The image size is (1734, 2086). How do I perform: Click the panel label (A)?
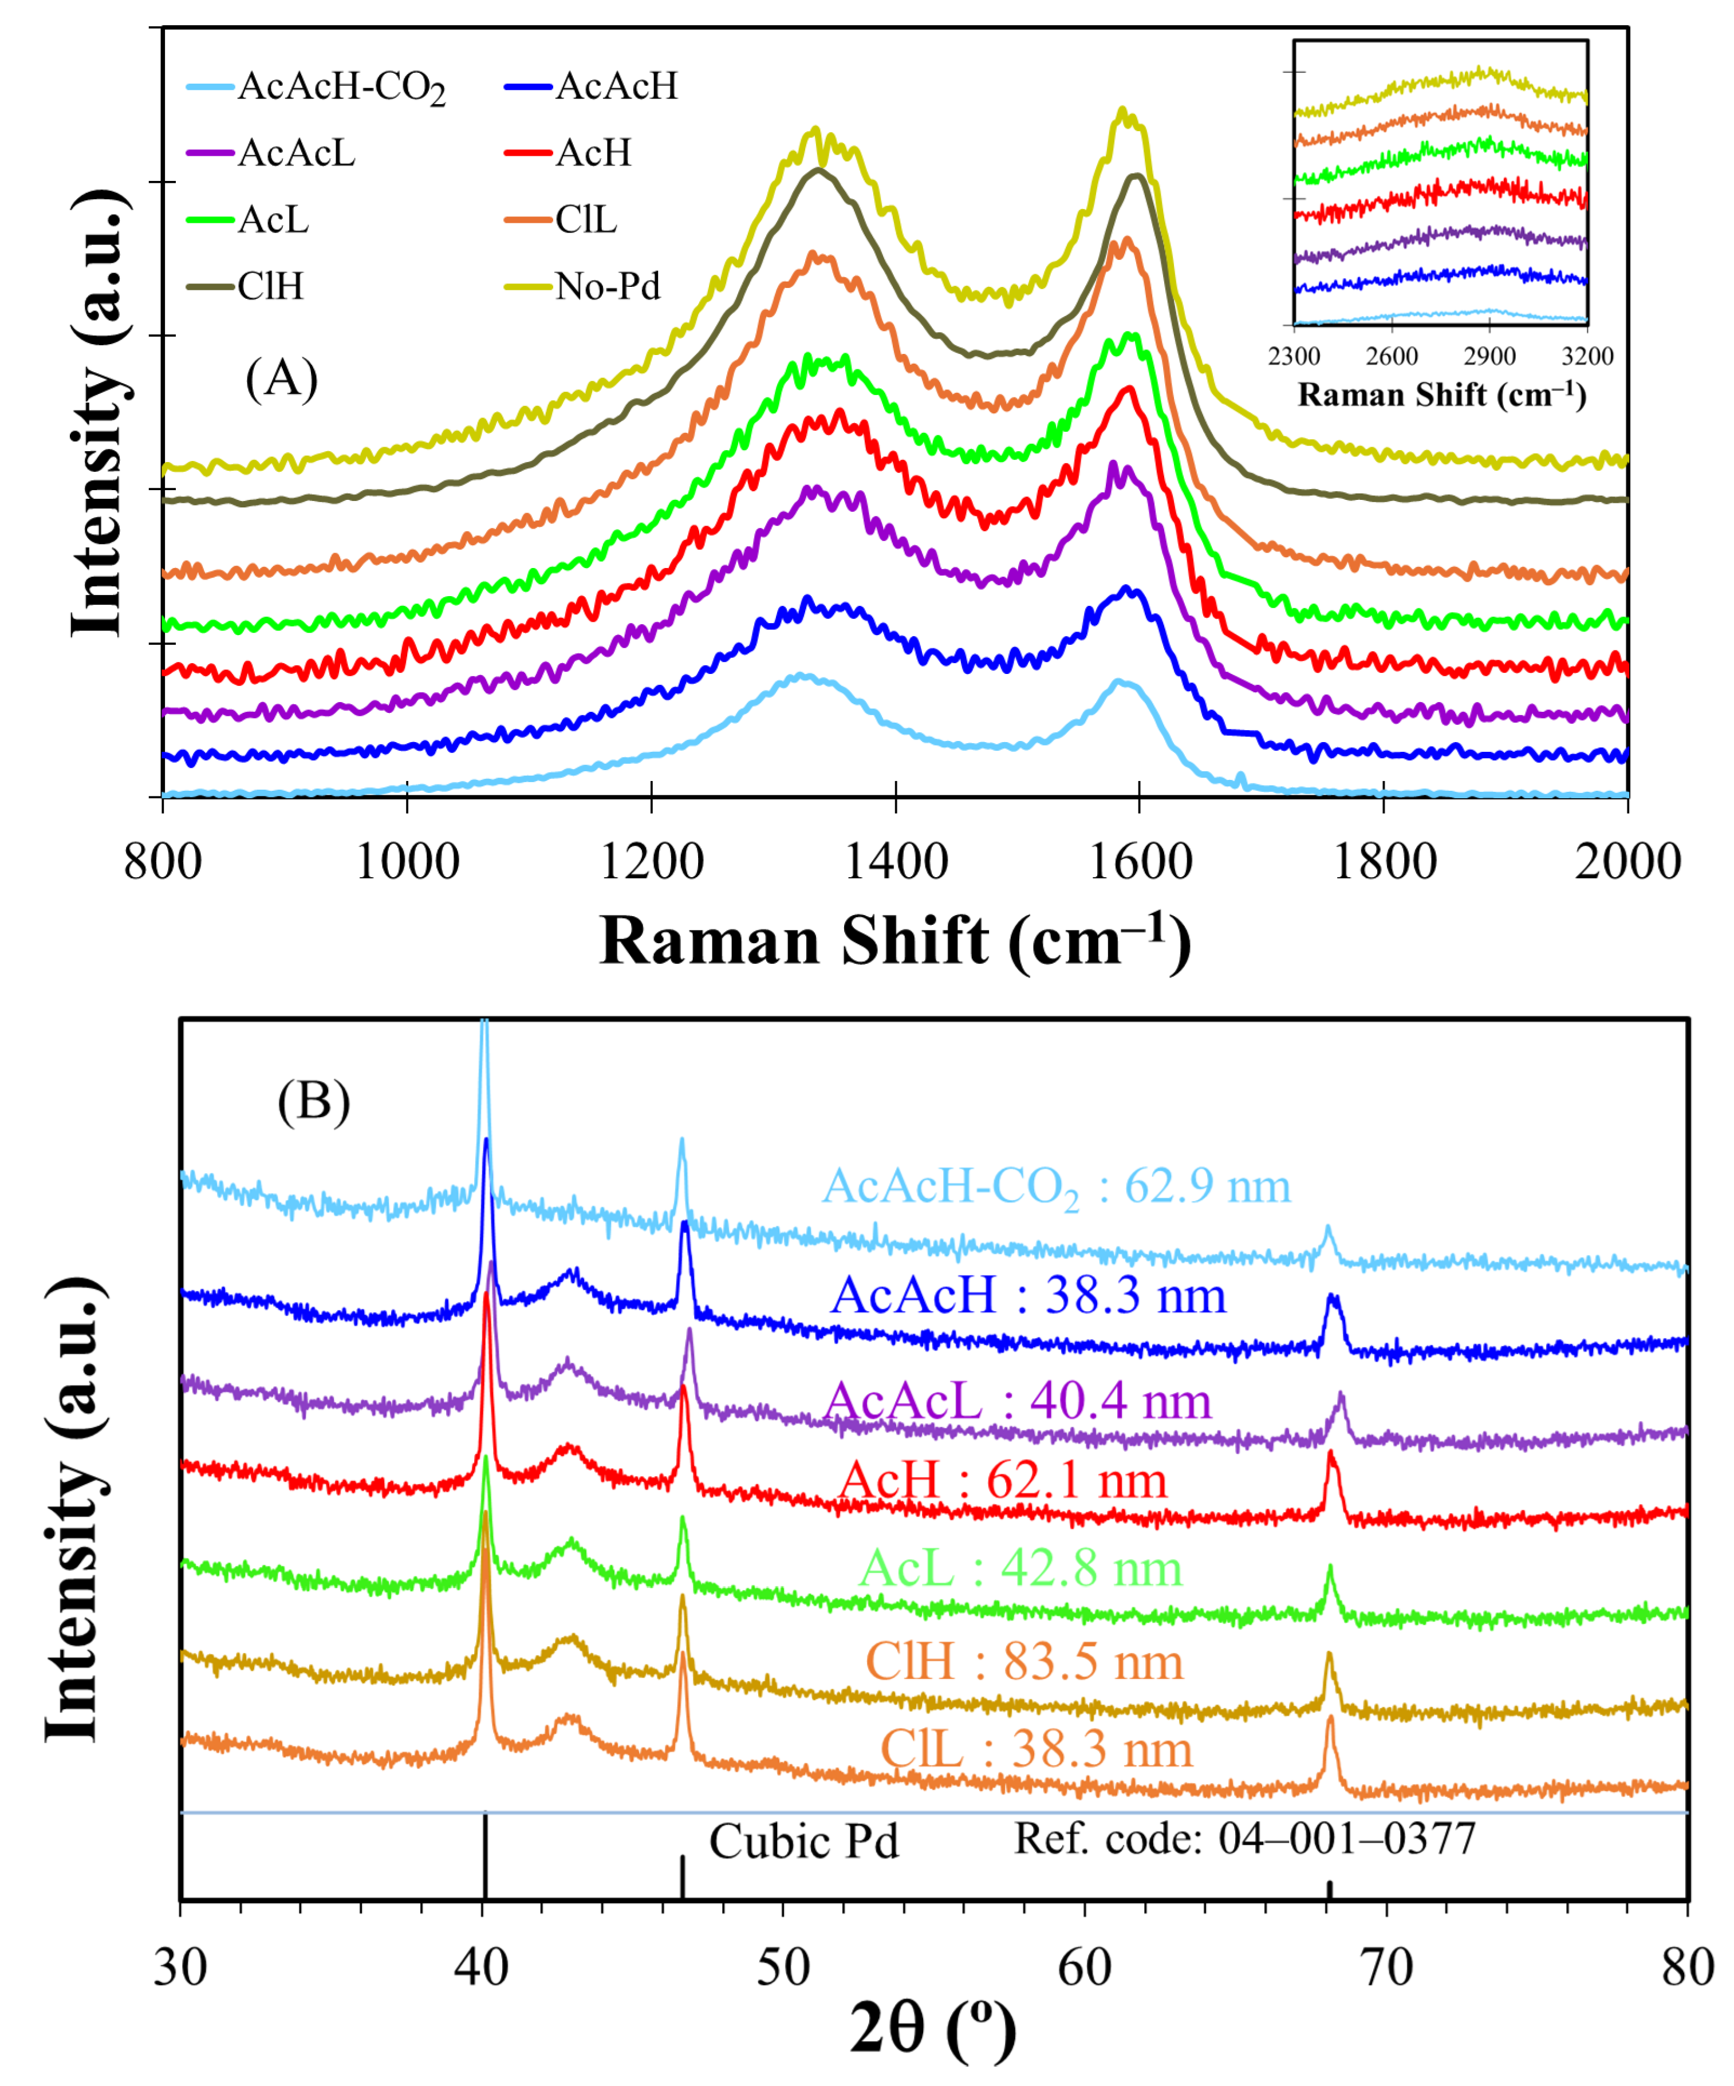click(x=281, y=378)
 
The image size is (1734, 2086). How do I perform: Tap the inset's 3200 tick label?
click(x=1587, y=356)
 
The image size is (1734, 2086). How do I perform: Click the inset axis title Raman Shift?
click(x=1441, y=395)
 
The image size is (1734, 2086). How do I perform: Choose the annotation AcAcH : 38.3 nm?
click(x=1028, y=1295)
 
